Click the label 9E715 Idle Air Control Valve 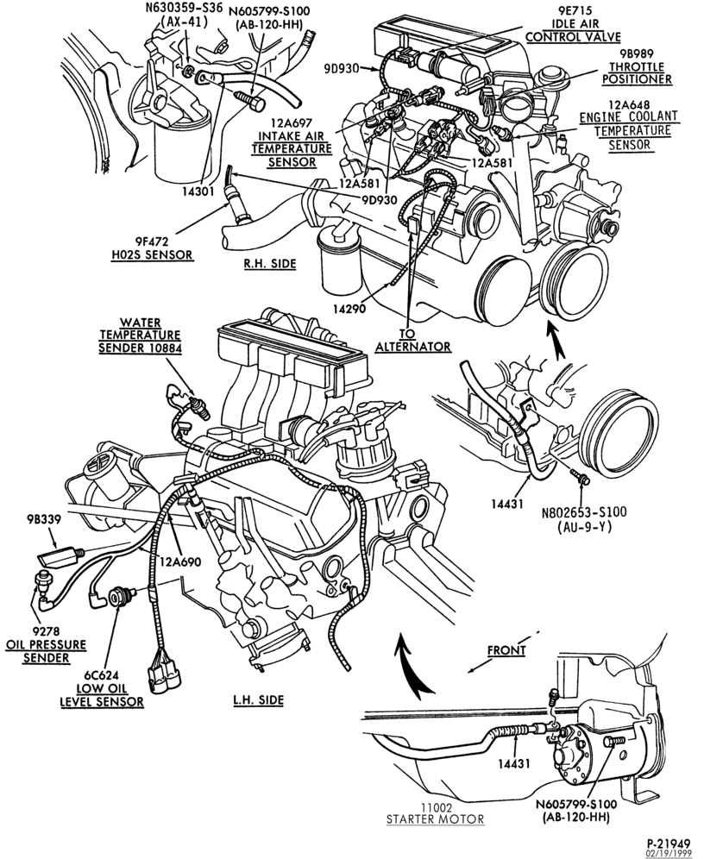click(573, 24)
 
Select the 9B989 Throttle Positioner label click(638, 66)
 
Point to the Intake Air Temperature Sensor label click(292, 141)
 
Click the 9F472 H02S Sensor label click(165, 247)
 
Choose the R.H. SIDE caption click(269, 264)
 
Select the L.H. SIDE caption click(257, 699)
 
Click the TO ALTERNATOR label click(413, 340)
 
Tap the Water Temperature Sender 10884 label click(140, 334)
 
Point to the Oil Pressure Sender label click(46, 645)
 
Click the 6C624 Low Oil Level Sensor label click(101, 688)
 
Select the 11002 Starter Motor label click(435, 813)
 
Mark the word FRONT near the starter click(506, 650)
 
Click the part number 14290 click(349, 309)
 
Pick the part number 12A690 click(181, 561)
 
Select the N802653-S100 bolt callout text click(584, 512)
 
